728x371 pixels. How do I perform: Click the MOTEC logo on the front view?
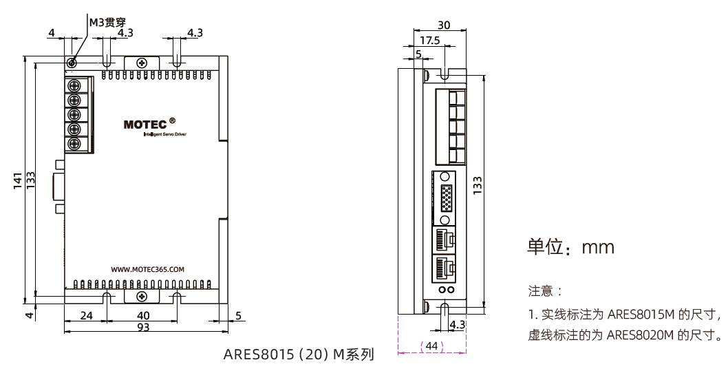(x=145, y=125)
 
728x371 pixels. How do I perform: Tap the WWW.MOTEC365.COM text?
(x=147, y=270)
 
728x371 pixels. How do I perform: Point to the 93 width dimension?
(x=143, y=328)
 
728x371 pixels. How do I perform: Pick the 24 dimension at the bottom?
(x=86, y=315)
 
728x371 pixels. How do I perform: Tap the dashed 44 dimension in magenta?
(x=432, y=345)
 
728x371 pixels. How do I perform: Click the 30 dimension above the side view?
(x=444, y=25)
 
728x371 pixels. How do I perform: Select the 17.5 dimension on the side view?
(x=430, y=41)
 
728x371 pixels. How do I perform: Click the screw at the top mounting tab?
(x=142, y=63)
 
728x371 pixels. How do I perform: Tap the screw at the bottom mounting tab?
(x=142, y=296)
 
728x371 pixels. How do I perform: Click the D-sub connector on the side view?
(x=446, y=198)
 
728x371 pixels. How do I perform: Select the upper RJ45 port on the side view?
(x=445, y=239)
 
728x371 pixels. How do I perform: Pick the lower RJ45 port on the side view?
(x=445, y=268)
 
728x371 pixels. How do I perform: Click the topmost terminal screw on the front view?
(x=74, y=85)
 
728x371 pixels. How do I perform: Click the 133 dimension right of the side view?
(x=478, y=184)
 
